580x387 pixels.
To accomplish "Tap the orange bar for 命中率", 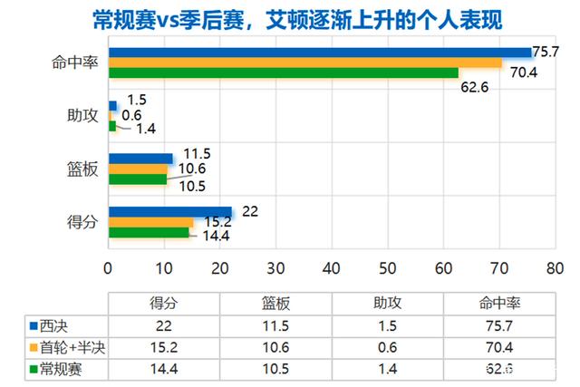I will coord(304,63).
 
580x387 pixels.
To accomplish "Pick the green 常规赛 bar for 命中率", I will coord(283,73).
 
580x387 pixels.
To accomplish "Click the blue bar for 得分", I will coord(170,212).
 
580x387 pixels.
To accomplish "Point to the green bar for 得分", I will coord(149,233).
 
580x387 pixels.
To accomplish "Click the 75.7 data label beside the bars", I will coord(546,52).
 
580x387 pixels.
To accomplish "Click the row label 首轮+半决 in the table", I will coord(68,347).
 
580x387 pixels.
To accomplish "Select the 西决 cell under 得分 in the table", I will coord(163,324).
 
